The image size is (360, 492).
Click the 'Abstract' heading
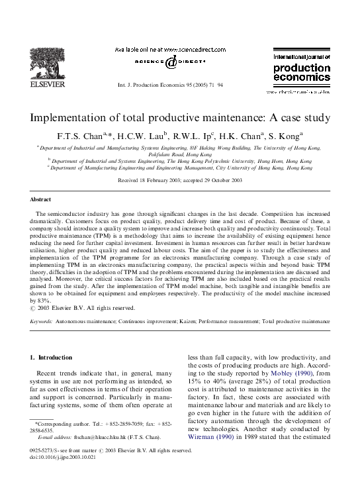41,199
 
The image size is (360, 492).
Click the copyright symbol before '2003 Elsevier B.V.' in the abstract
34,308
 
